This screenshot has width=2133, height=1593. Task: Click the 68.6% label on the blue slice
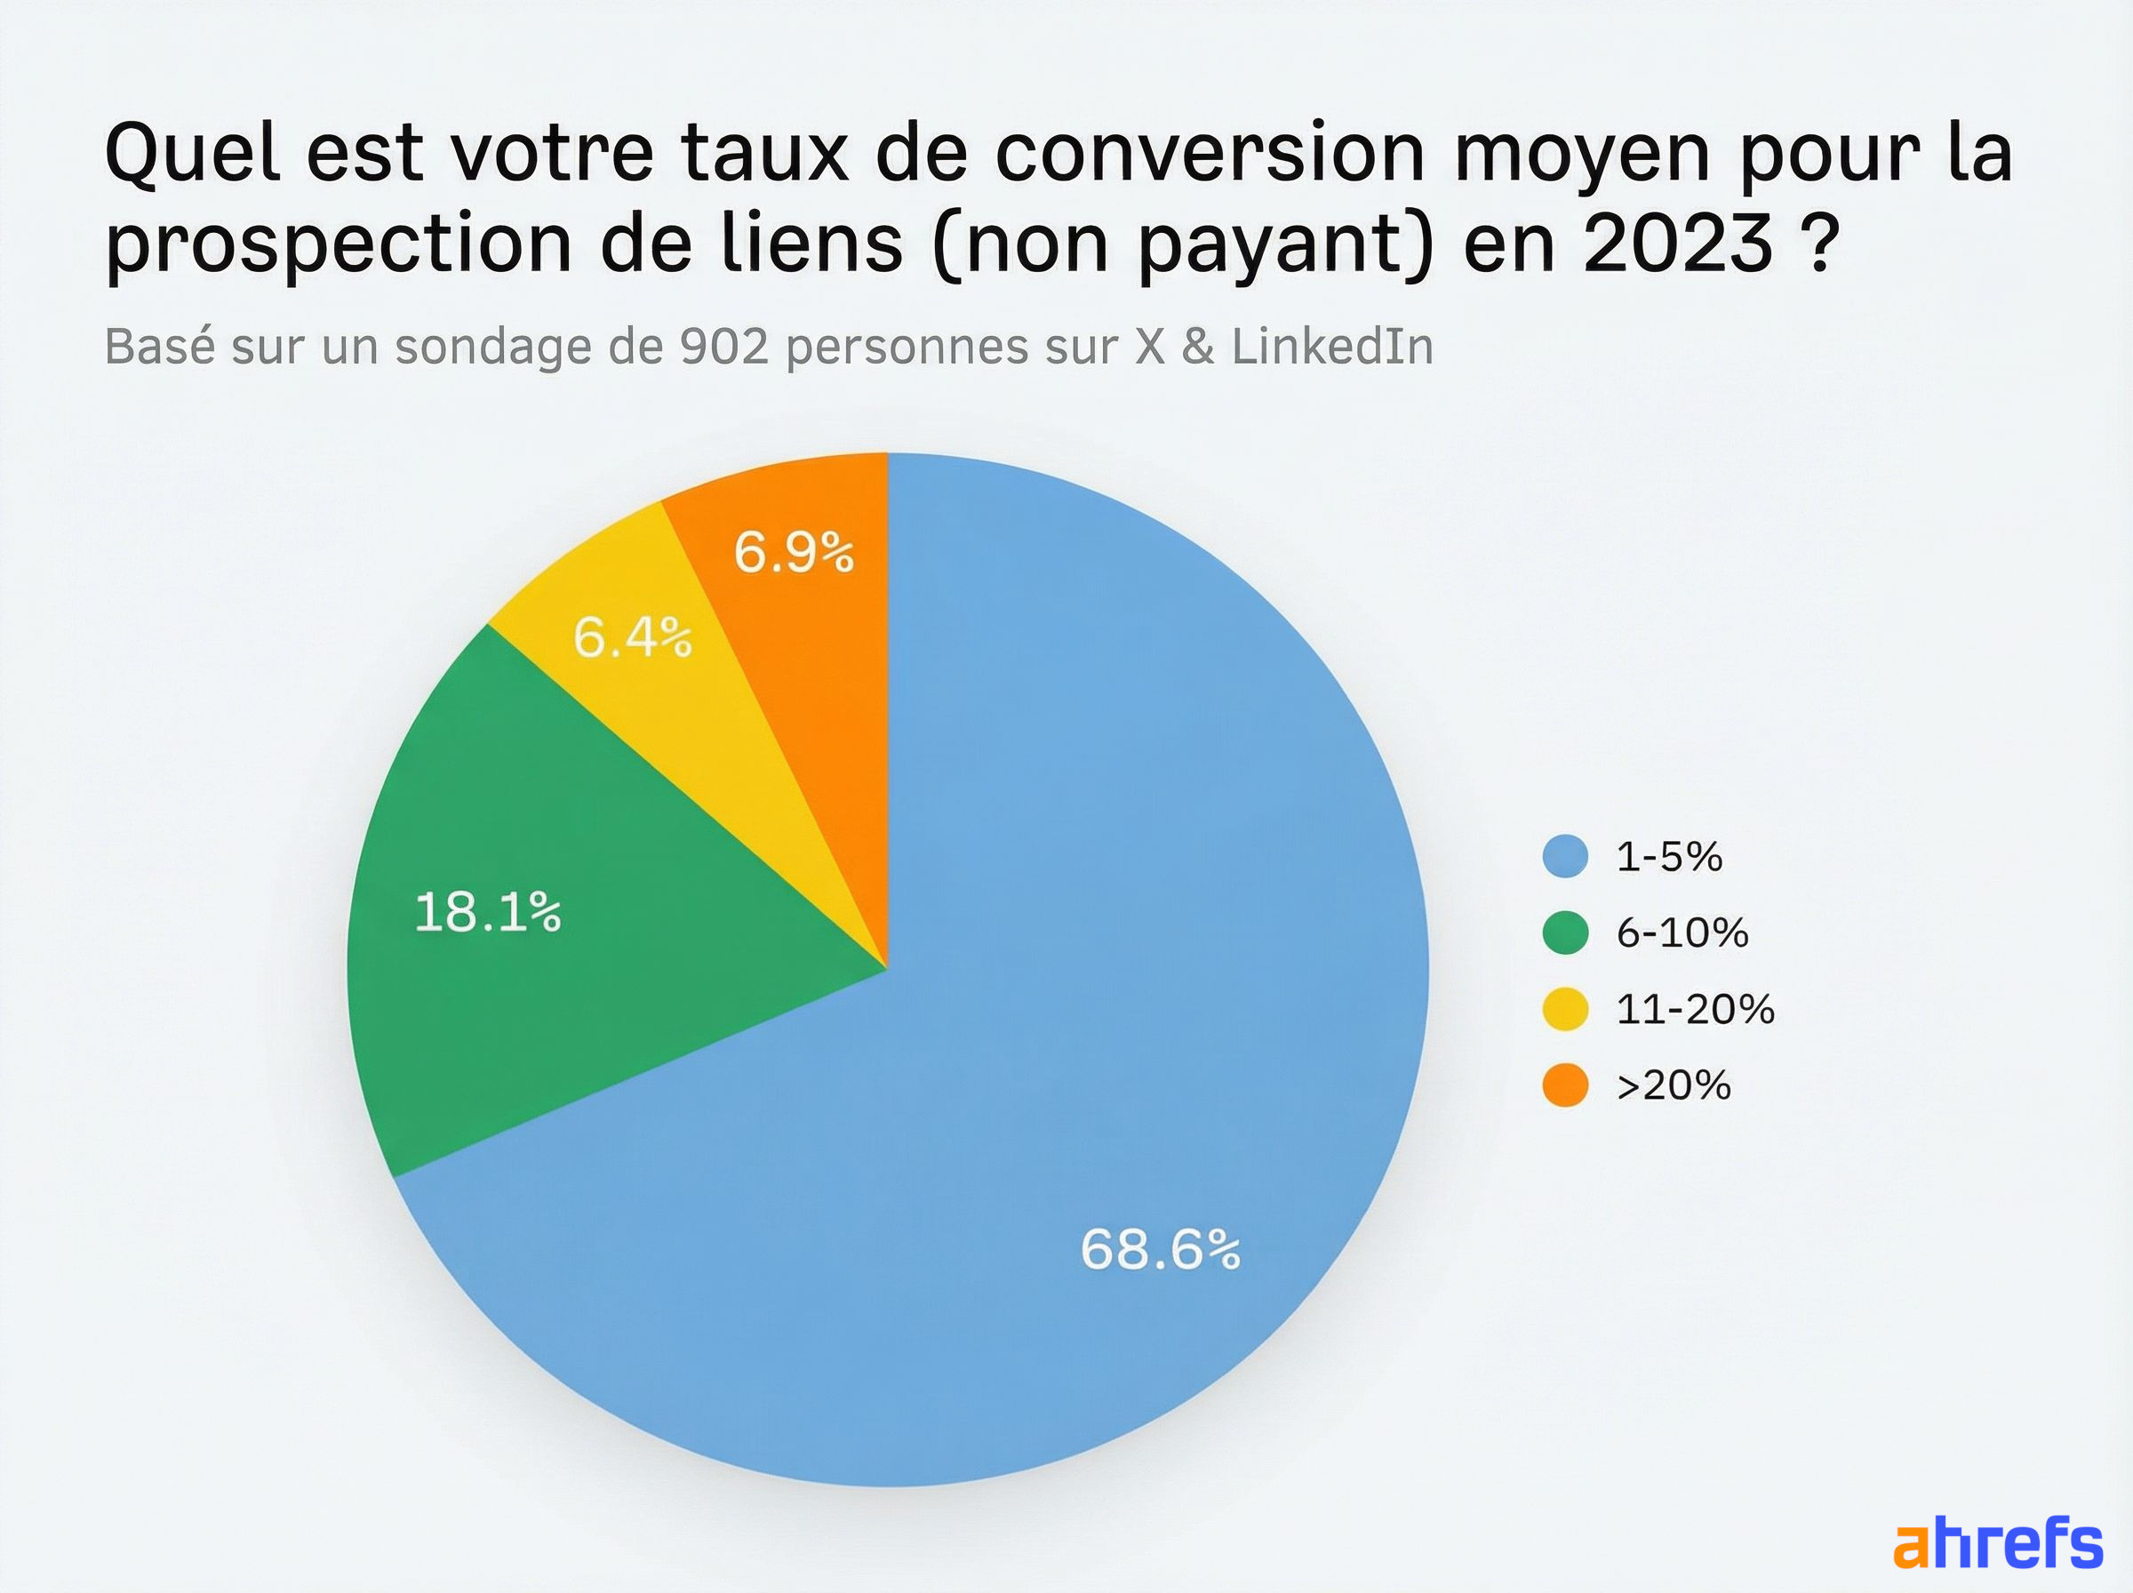click(x=1160, y=1250)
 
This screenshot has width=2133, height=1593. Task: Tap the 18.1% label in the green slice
click(x=488, y=912)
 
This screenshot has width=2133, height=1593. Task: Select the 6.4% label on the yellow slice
click(x=632, y=637)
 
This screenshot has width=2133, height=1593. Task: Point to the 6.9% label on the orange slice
click(x=794, y=553)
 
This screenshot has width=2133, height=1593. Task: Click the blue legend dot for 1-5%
click(x=1565, y=856)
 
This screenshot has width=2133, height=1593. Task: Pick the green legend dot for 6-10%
click(x=1565, y=933)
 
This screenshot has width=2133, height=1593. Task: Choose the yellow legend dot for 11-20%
click(x=1565, y=1009)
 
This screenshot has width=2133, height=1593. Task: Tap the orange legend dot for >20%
click(x=1565, y=1085)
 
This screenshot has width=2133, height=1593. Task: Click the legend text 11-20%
click(x=1695, y=1009)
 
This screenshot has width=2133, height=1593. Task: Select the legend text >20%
click(x=1674, y=1085)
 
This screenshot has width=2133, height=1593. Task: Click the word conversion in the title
click(x=1209, y=152)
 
